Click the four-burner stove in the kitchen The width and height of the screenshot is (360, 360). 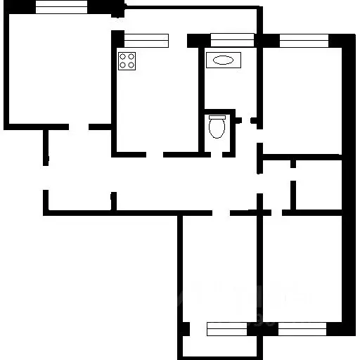[127, 60]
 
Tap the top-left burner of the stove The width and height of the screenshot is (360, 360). [123, 56]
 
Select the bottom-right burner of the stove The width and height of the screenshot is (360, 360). [131, 65]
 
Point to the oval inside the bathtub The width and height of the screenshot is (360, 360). [224, 60]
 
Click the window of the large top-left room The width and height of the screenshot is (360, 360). [61, 7]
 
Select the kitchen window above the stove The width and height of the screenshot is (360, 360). [147, 40]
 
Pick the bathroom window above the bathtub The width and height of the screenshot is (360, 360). [232, 39]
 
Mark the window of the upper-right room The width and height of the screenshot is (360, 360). [303, 40]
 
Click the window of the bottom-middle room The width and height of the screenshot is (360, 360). [227, 327]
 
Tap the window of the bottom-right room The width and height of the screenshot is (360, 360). [302, 327]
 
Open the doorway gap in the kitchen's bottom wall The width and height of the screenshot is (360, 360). [155, 154]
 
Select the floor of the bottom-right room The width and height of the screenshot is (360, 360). [302, 267]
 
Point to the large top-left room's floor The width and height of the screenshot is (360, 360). [60, 70]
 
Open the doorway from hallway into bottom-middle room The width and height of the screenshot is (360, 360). [221, 212]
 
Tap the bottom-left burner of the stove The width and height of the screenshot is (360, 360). [123, 65]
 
